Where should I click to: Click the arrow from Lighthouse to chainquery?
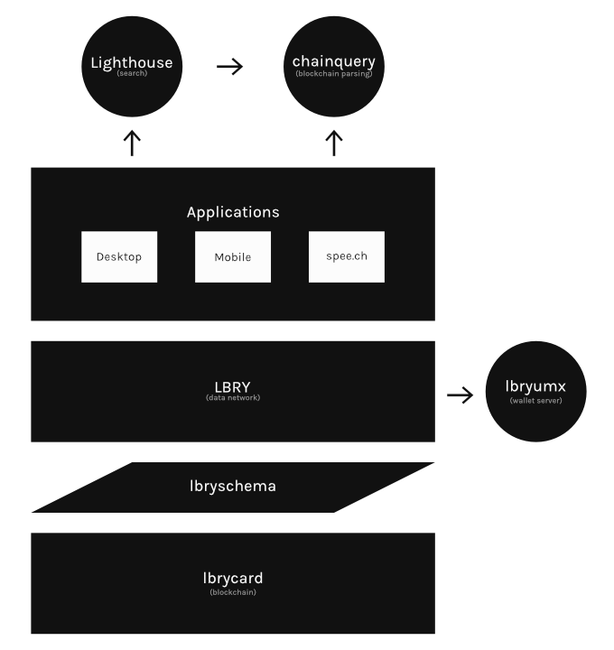coord(231,67)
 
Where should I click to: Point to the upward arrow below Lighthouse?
coord(132,143)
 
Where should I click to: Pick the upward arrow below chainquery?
coord(334,143)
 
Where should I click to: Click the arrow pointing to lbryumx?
coord(460,395)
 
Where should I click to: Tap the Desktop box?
coord(119,256)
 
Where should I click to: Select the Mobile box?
coord(233,256)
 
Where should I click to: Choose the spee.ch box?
coord(347,256)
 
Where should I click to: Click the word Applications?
coord(233,213)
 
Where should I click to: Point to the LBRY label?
coord(233,386)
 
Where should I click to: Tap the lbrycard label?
coord(233,578)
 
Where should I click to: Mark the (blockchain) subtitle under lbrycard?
coord(233,592)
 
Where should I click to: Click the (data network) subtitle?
coord(233,398)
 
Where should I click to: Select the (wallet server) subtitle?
coord(536,401)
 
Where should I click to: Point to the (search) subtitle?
coord(132,73)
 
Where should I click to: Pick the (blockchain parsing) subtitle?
coord(334,73)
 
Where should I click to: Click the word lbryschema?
coord(233,486)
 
